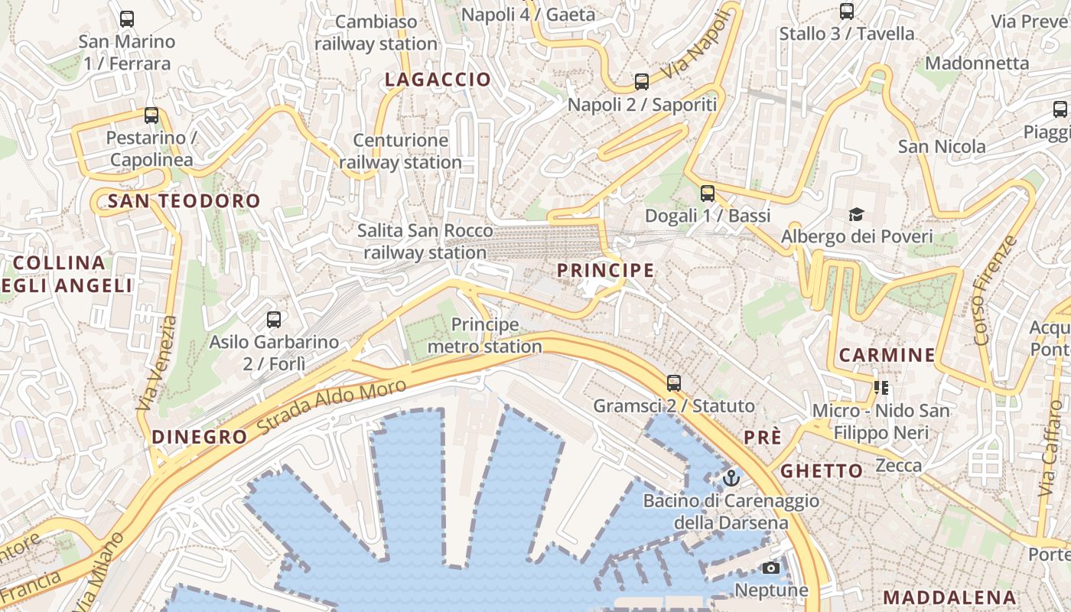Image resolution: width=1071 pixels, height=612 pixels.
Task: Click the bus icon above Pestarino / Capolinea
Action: click(x=151, y=116)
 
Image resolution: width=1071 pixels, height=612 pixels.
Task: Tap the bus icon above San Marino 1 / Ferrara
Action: click(x=127, y=19)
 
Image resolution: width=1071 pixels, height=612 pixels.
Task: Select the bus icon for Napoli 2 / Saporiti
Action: click(x=642, y=81)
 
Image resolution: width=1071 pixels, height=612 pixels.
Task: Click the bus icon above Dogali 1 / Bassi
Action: click(x=708, y=193)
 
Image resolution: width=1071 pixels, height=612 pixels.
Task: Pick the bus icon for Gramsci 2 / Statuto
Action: click(x=674, y=382)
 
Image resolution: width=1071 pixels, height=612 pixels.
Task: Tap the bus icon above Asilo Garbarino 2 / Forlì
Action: click(x=274, y=320)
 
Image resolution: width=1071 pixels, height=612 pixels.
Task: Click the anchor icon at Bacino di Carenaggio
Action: click(x=731, y=478)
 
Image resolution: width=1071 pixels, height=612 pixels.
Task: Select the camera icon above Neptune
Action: click(x=771, y=568)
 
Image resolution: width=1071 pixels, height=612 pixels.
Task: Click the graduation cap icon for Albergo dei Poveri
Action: click(x=856, y=214)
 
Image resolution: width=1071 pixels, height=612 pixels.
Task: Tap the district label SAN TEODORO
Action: click(x=184, y=201)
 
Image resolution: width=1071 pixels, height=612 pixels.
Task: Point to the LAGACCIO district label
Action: click(x=438, y=80)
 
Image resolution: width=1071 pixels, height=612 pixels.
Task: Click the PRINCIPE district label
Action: click(x=605, y=270)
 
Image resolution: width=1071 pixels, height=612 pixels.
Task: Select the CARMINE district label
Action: click(x=887, y=355)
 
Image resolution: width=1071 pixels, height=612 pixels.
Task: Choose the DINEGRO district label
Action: click(x=200, y=437)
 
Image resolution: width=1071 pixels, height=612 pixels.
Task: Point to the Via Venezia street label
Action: click(x=156, y=363)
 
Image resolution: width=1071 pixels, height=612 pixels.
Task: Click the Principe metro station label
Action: click(x=484, y=336)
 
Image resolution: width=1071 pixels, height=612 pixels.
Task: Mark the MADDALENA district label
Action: click(x=949, y=597)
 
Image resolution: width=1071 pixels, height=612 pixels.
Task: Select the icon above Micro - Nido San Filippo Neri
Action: click(x=881, y=388)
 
